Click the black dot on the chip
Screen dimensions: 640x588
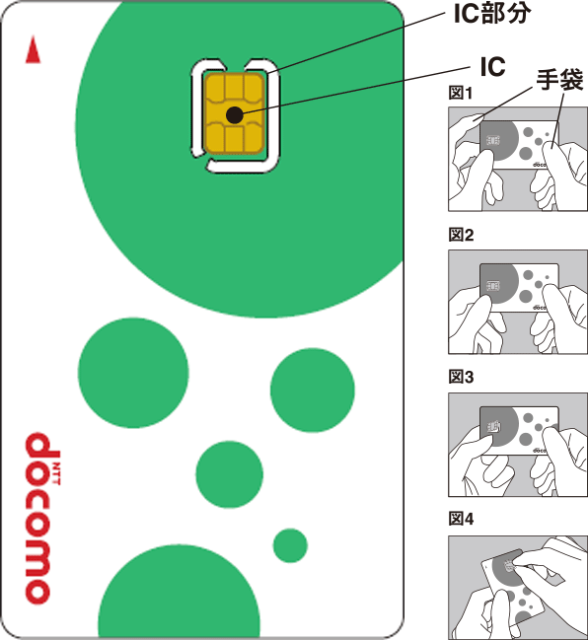click(234, 115)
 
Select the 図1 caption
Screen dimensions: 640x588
click(462, 95)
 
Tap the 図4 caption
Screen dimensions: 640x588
click(462, 519)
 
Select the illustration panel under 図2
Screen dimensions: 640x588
click(518, 301)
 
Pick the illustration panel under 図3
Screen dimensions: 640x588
click(518, 443)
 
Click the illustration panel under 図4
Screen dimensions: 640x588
click(518, 585)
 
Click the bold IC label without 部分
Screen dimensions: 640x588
click(492, 66)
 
